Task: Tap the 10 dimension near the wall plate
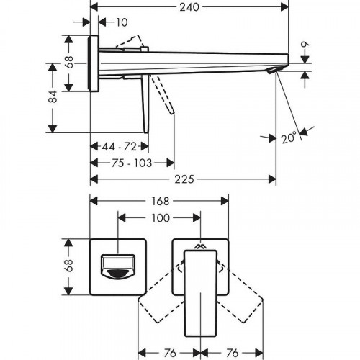[121, 22]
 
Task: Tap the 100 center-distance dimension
[159, 217]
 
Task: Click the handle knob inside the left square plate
[119, 266]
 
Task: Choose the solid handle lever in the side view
[147, 104]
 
